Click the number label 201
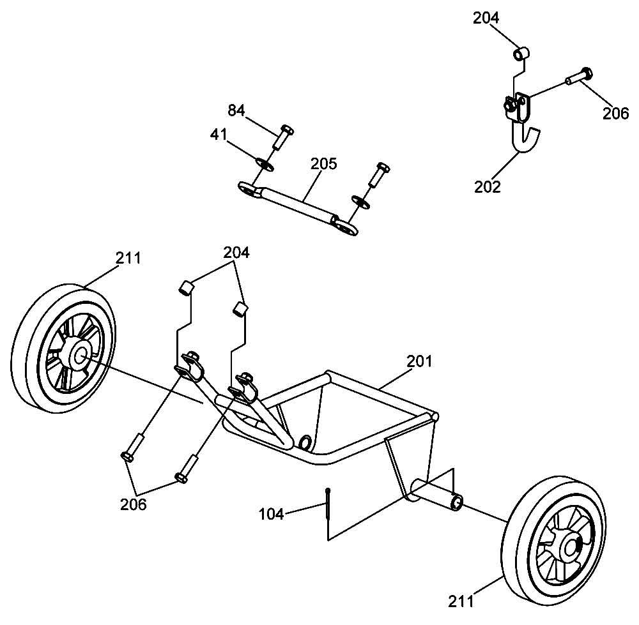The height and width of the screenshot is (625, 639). tap(420, 361)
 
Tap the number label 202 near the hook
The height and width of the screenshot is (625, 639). tap(488, 187)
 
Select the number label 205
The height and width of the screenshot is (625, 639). tap(323, 163)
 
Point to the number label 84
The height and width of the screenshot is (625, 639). tap(236, 110)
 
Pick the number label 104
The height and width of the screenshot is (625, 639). tap(272, 513)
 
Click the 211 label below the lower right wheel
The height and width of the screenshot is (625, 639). tap(461, 601)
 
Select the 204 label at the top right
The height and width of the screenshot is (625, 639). tap(486, 18)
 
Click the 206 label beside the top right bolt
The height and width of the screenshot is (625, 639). tap(616, 114)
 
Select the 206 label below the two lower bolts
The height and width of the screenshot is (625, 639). tap(134, 504)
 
